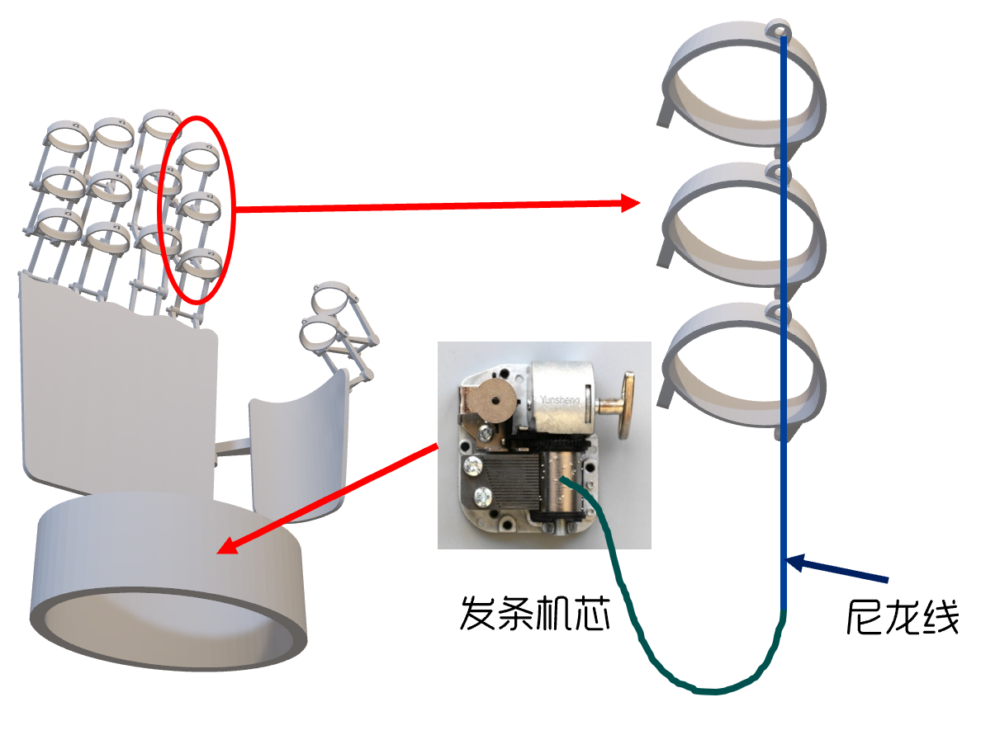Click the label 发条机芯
pyautogui.click(x=534, y=614)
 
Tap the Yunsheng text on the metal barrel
pyautogui.click(x=561, y=399)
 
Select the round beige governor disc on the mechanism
pyautogui.click(x=492, y=401)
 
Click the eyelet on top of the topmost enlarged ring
pyautogui.click(x=778, y=30)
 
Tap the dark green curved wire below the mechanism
pyautogui.click(x=652, y=643)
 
